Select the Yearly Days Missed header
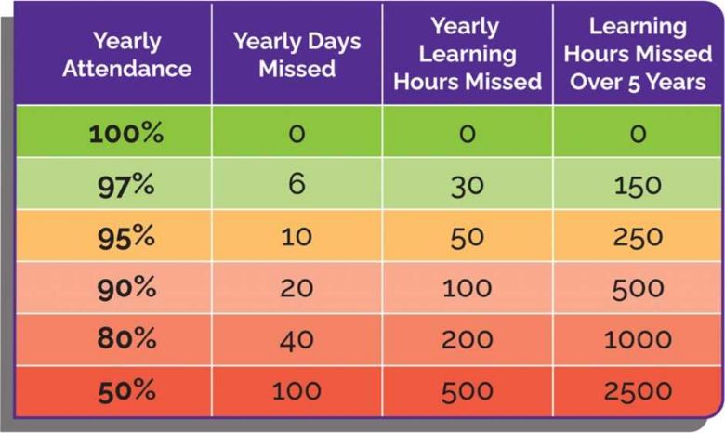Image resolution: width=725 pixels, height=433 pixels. click(297, 55)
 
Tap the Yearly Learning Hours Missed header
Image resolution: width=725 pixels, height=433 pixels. click(467, 54)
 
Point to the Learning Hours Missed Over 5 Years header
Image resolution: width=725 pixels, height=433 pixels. click(637, 54)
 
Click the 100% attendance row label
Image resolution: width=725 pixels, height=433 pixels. click(126, 134)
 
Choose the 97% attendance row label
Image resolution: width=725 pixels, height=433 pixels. click(126, 185)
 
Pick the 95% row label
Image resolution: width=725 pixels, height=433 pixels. click(126, 236)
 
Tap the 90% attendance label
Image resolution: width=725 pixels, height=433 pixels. click(126, 288)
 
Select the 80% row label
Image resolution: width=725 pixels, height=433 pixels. click(126, 339)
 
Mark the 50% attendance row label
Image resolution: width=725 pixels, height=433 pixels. click(126, 390)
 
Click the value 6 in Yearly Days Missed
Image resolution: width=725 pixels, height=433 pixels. click(297, 184)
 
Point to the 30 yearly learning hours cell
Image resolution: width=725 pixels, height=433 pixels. click(467, 185)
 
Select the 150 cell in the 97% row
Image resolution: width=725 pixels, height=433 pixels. click(637, 185)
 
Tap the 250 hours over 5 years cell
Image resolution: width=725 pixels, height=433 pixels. click(637, 236)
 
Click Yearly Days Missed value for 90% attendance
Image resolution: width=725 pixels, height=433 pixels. click(297, 288)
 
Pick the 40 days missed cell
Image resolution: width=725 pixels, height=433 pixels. click(297, 339)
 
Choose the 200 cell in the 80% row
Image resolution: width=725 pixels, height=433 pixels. click(467, 339)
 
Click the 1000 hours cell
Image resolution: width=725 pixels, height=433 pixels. click(637, 339)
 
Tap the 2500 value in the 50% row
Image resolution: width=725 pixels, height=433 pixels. click(637, 390)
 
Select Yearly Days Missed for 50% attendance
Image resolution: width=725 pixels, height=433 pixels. click(297, 390)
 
